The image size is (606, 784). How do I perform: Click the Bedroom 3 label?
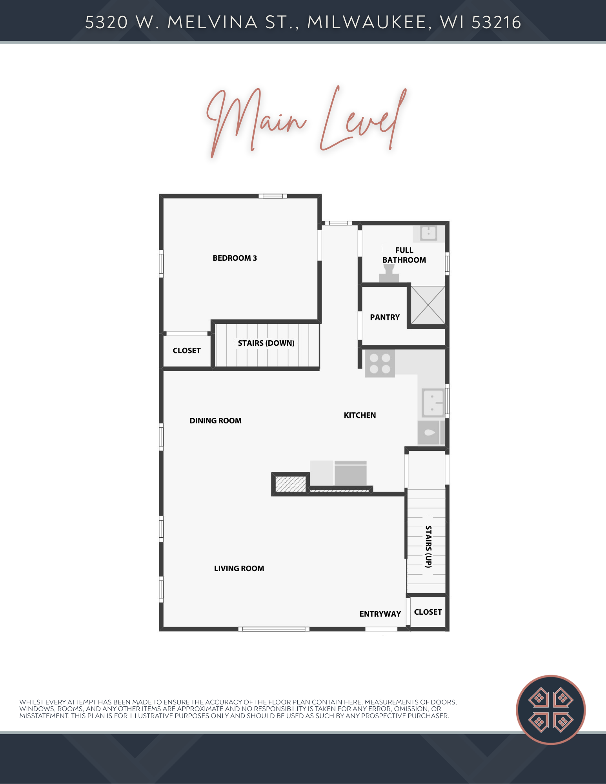(x=235, y=258)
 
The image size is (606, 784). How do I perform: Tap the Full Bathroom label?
(x=404, y=255)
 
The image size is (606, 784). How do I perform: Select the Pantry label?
(x=385, y=317)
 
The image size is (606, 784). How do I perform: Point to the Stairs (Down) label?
(x=266, y=343)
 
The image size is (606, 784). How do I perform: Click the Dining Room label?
(x=215, y=421)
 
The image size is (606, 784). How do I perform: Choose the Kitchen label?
(x=360, y=415)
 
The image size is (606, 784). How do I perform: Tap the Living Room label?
(x=239, y=568)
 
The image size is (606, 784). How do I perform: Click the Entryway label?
(x=380, y=614)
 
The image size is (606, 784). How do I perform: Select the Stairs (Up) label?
(x=429, y=546)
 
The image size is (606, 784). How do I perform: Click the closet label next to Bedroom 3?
(x=187, y=350)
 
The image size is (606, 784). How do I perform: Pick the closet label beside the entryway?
(x=428, y=612)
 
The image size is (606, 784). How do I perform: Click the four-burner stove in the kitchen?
(x=380, y=363)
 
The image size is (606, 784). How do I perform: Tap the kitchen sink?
(x=433, y=403)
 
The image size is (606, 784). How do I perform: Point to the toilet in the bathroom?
(x=389, y=273)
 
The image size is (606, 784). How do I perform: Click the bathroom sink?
(x=429, y=233)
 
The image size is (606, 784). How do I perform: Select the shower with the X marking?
(x=428, y=305)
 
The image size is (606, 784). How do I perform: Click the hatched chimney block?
(x=290, y=484)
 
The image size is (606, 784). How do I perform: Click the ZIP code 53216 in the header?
(x=496, y=22)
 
